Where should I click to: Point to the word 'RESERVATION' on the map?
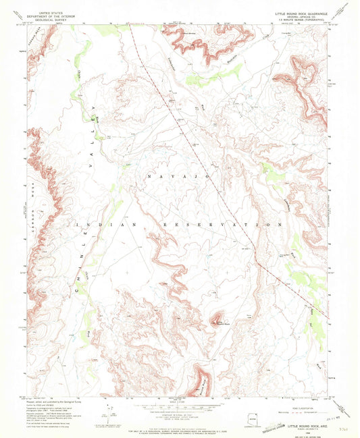(224, 224)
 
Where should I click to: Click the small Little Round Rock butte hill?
(217, 319)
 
